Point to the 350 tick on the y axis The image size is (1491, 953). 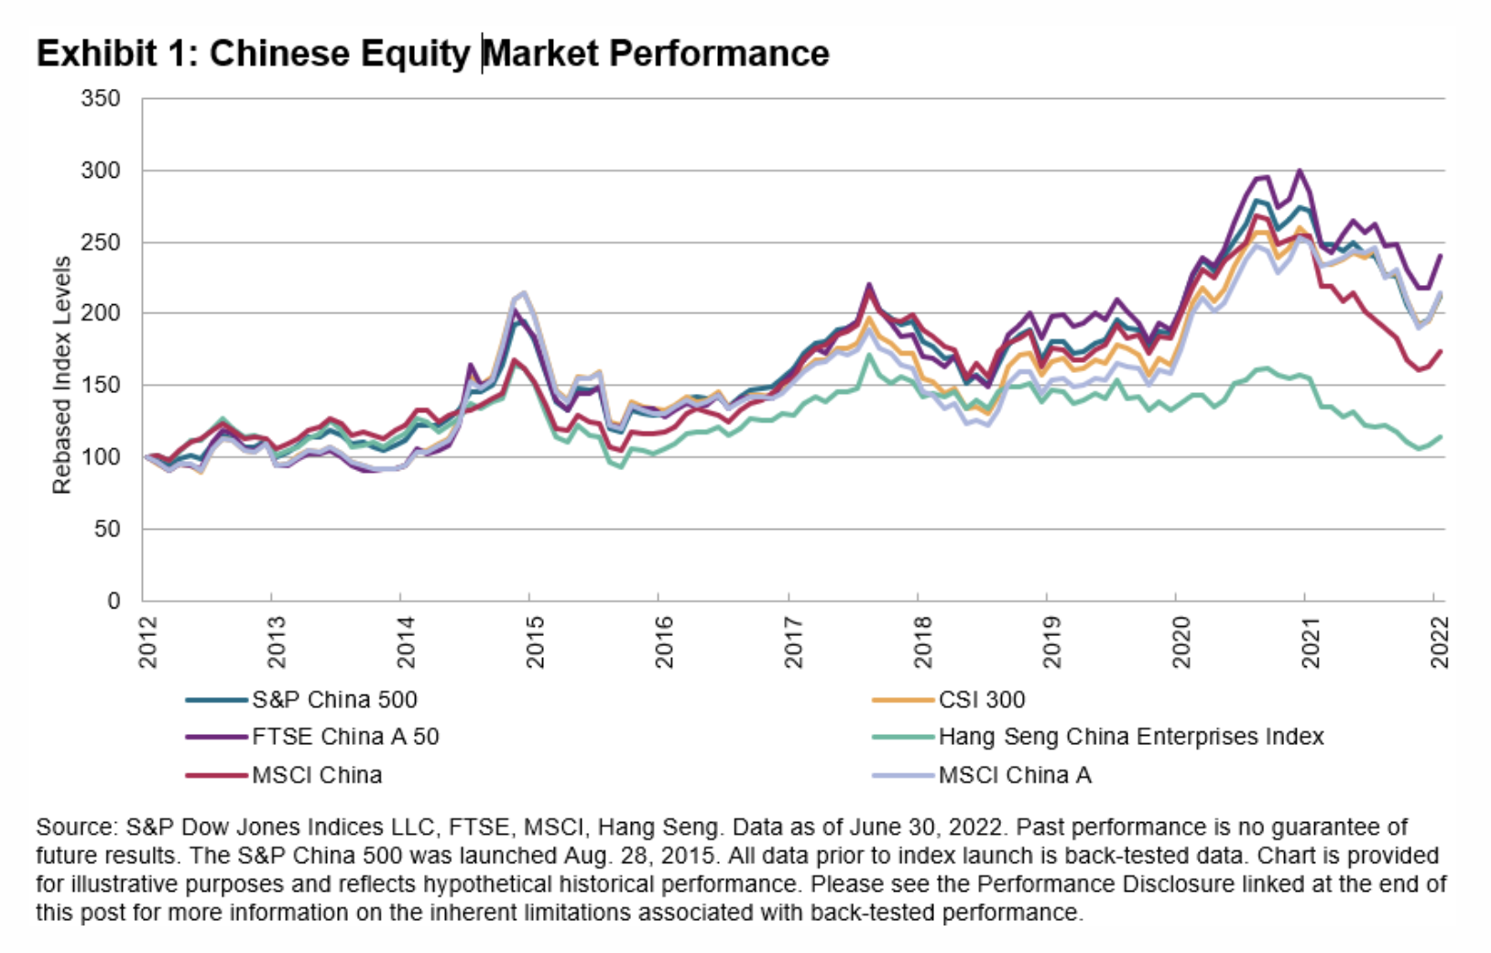click(x=101, y=99)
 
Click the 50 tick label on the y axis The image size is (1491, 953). click(x=107, y=530)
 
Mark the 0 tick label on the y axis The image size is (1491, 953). click(x=114, y=601)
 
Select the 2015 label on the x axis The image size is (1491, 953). click(x=535, y=641)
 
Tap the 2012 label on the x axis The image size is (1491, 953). click(x=148, y=641)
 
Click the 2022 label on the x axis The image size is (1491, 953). click(x=1439, y=641)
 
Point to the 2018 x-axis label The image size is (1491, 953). click(x=922, y=641)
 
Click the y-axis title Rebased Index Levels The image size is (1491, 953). click(x=62, y=375)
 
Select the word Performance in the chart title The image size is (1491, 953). click(x=719, y=53)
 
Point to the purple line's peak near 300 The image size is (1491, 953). click(x=1299, y=170)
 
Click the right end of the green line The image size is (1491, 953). click(x=1441, y=436)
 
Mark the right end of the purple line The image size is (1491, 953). click(x=1441, y=256)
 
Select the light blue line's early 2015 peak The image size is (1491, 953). click(x=523, y=293)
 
